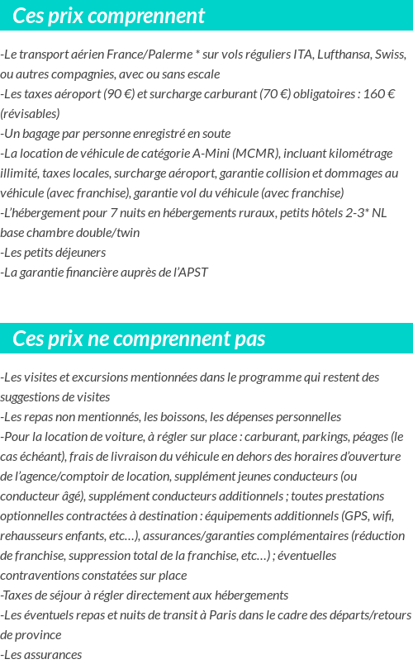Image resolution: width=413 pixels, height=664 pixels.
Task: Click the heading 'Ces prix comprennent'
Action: pyautogui.click(x=109, y=16)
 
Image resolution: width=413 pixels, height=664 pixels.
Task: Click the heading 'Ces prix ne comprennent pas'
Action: pyautogui.click(x=140, y=339)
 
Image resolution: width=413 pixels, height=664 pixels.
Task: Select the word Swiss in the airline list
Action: pyautogui.click(x=387, y=55)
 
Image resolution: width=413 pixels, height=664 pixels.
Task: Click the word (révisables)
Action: pyautogui.click(x=31, y=114)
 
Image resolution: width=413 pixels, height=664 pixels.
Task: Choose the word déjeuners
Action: pyautogui.click(x=72, y=253)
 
